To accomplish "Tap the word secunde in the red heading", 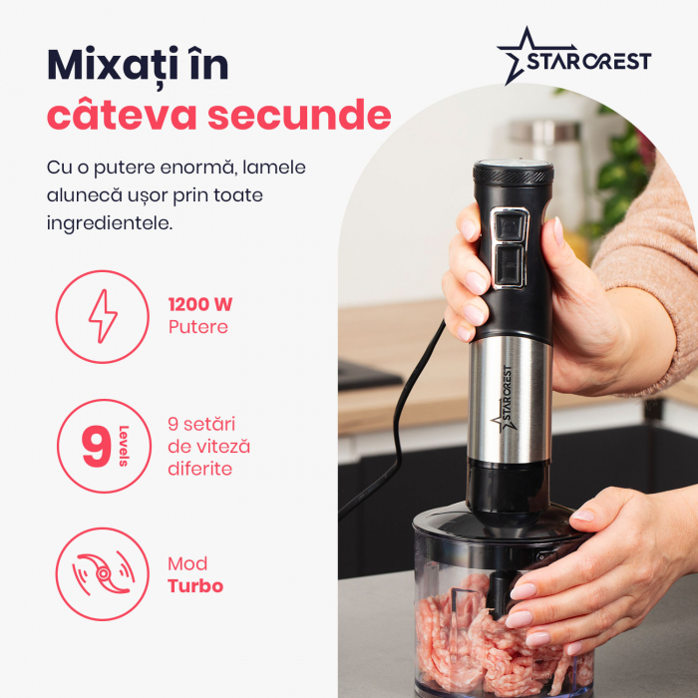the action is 299,115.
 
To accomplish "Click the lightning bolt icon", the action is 103,316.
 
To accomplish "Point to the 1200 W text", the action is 200,305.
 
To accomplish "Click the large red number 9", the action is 96,446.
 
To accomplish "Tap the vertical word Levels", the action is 124,446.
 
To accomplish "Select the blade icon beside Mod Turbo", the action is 104,573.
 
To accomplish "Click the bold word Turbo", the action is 195,586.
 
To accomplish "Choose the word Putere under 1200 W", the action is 198,327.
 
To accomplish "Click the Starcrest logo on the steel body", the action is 505,399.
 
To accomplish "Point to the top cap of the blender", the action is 513,172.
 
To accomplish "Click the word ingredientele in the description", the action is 110,224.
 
